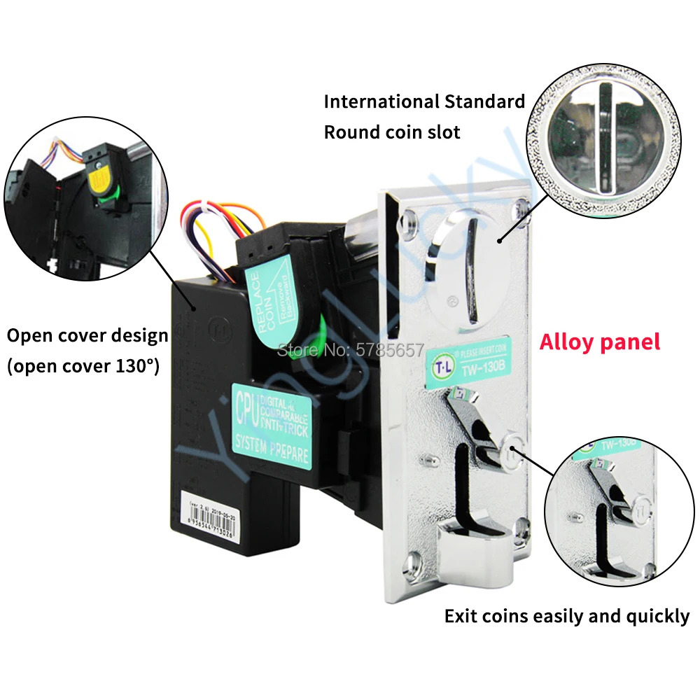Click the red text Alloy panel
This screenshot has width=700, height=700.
(x=600, y=342)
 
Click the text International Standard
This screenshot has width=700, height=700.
(x=424, y=101)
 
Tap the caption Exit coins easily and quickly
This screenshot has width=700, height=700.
(x=567, y=616)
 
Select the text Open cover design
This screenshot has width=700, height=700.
(x=87, y=335)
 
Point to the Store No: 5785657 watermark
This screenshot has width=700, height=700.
(x=351, y=349)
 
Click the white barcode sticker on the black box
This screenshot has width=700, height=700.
(x=218, y=511)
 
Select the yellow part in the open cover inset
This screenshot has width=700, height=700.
(x=99, y=176)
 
